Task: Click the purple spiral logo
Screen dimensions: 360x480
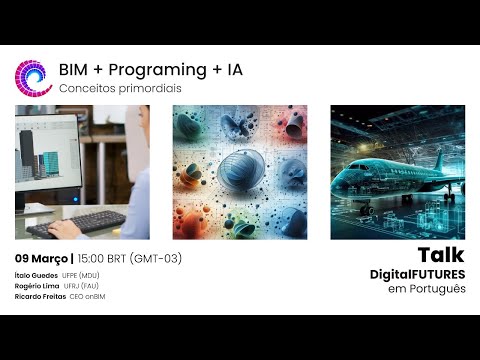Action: (33, 77)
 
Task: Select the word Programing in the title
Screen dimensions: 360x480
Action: (150, 71)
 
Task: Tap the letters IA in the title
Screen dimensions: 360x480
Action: (231, 71)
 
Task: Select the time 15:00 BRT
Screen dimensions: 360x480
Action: (107, 258)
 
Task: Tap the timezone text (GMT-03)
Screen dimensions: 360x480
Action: (160, 258)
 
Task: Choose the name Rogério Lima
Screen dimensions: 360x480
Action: (37, 286)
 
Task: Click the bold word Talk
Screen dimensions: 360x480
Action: (441, 255)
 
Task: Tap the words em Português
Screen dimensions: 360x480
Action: (427, 289)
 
